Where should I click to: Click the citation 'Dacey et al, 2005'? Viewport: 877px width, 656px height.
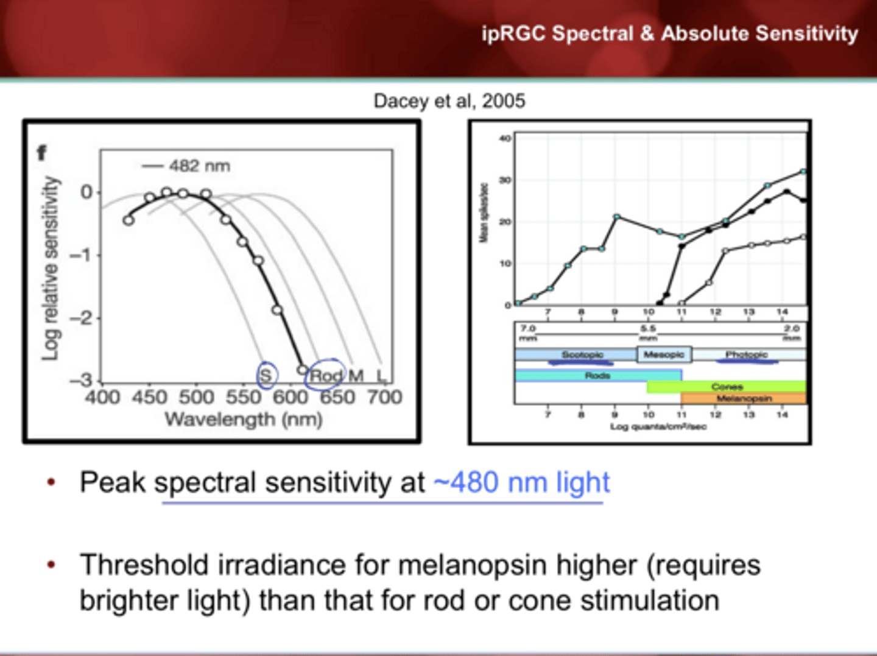click(449, 101)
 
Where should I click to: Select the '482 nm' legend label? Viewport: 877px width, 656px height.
click(199, 166)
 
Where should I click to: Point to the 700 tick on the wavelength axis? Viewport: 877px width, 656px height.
click(384, 397)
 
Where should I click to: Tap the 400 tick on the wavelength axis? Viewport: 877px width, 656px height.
click(102, 397)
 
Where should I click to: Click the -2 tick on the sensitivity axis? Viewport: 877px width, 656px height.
click(80, 318)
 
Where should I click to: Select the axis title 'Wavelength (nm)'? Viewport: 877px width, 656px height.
click(243, 419)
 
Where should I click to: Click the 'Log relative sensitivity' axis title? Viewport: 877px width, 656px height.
click(51, 268)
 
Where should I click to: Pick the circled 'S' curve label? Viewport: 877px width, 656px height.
click(266, 375)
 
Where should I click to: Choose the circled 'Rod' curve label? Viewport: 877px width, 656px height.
click(326, 375)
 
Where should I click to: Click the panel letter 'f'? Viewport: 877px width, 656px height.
click(41, 152)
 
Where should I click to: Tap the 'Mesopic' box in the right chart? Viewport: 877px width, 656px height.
click(664, 354)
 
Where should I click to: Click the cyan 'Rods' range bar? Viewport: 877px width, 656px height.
click(597, 376)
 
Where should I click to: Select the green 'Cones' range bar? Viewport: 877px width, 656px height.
click(727, 387)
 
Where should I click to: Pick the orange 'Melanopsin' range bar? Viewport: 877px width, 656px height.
click(744, 398)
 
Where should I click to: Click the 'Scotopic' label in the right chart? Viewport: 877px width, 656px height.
click(582, 354)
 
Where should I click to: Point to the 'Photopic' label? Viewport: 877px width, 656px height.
click(747, 354)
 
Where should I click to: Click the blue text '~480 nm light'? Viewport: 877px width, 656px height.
click(521, 482)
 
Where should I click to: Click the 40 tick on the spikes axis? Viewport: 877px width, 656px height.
click(505, 138)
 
